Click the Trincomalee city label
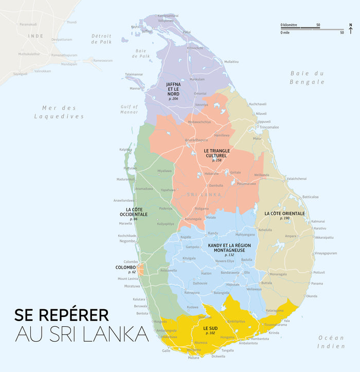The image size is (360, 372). [x=269, y=127]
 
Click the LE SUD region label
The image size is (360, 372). [x=210, y=328]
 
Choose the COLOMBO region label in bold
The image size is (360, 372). [x=125, y=268]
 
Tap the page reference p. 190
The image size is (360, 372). [x=284, y=218]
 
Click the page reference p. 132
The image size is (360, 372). [x=229, y=255]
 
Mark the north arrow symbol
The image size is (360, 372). [x=350, y=29]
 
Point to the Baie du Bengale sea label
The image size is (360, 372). [x=307, y=77]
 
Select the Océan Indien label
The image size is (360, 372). [x=331, y=342]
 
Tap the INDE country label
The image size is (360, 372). [x=35, y=36]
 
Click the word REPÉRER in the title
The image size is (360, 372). [x=71, y=315]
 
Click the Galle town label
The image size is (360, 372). [x=166, y=350]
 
